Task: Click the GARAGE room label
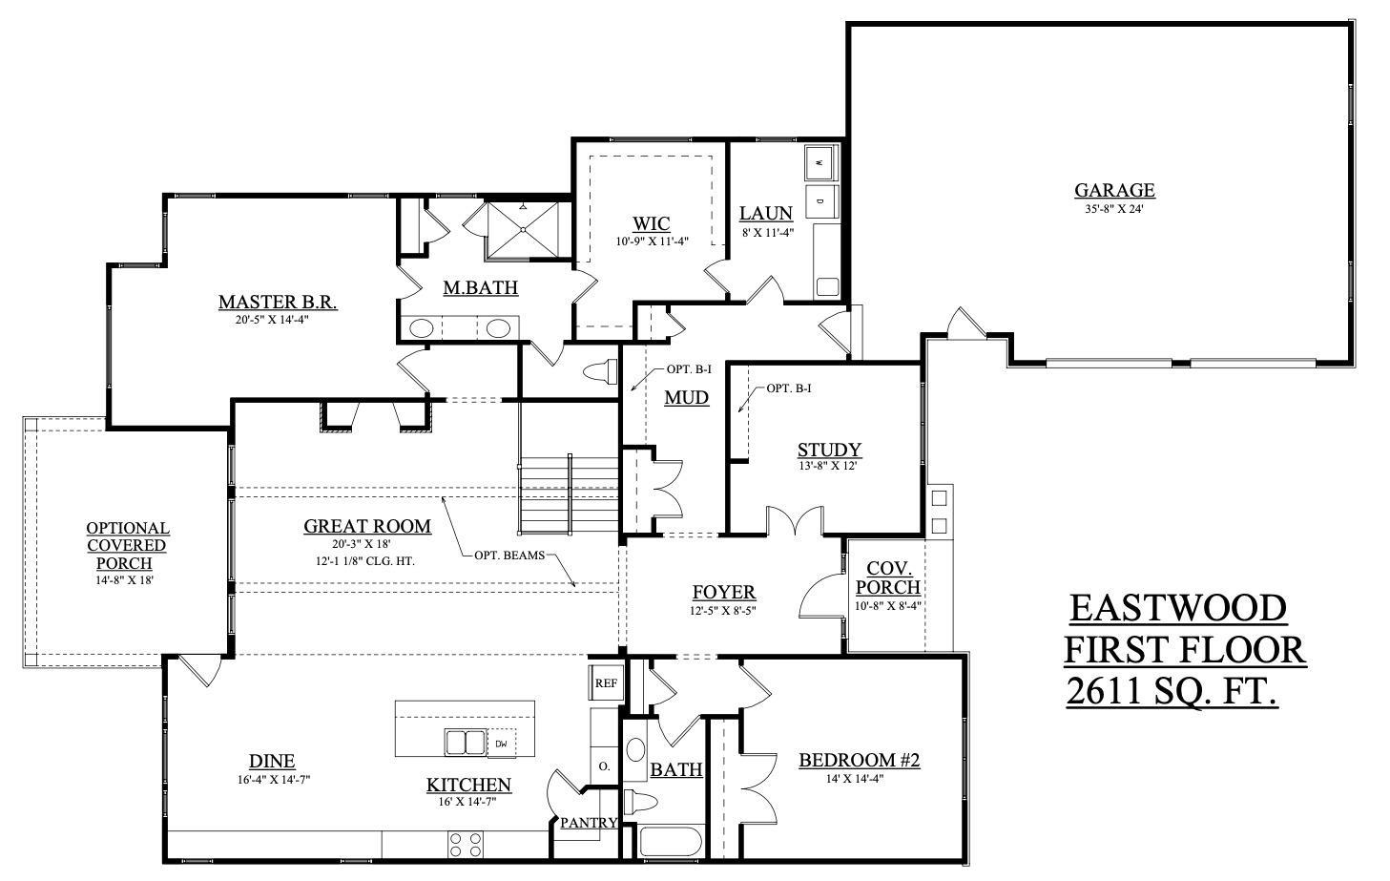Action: (1113, 190)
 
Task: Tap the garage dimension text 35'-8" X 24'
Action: (1113, 208)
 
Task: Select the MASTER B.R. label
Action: (277, 303)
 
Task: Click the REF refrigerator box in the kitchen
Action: (605, 683)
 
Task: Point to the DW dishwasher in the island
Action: (502, 744)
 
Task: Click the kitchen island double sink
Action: (466, 743)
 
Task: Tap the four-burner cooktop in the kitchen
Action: (465, 845)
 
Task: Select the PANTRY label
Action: (588, 823)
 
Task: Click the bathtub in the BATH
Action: (670, 843)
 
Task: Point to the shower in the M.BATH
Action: (522, 229)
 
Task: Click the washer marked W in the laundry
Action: (819, 163)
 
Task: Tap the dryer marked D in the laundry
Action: (819, 201)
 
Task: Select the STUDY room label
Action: (829, 450)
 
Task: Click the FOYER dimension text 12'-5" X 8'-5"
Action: (723, 611)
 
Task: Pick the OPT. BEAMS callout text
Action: (508, 555)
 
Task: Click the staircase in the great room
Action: (569, 496)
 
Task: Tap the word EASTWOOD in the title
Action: (1177, 608)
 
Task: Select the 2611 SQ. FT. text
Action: (1172, 692)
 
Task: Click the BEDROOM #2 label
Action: (859, 761)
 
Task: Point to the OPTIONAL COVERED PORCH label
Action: (128, 545)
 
